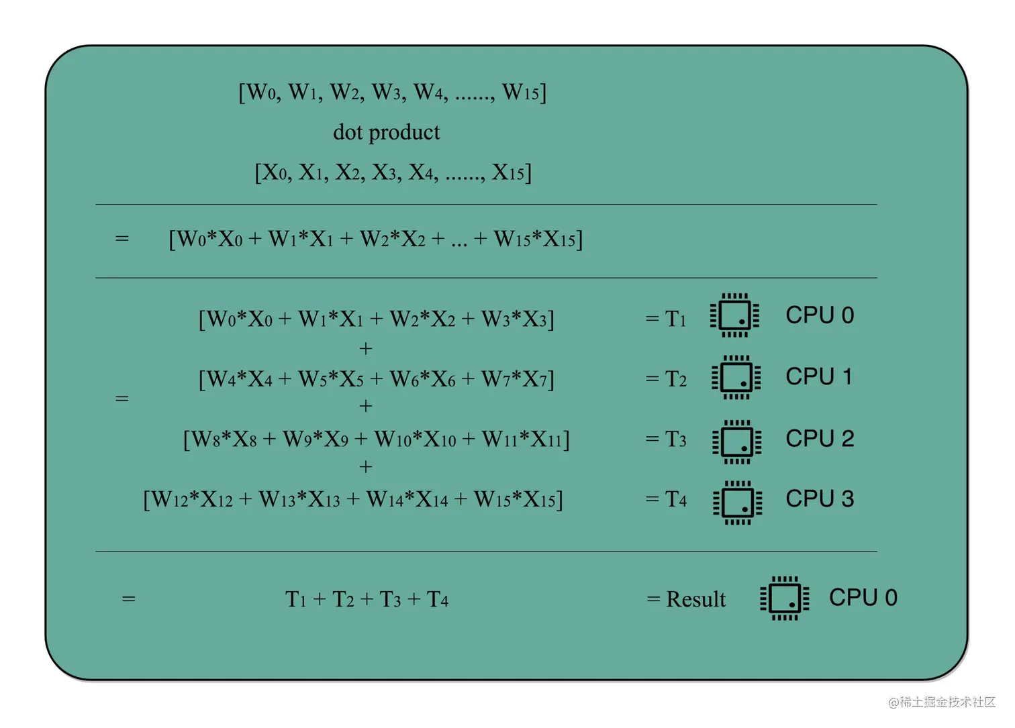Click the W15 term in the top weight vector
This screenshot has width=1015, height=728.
click(x=521, y=92)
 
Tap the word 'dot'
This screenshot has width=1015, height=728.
click(x=347, y=132)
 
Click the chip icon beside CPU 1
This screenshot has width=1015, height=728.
click(x=736, y=378)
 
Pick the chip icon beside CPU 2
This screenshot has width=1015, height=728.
click(x=736, y=441)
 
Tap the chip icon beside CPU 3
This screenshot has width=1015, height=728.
click(x=737, y=503)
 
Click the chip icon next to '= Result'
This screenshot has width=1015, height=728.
click(x=784, y=598)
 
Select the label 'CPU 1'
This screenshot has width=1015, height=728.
click(x=819, y=377)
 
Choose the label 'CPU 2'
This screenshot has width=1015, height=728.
click(x=820, y=439)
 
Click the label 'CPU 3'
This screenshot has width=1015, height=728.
click(x=820, y=499)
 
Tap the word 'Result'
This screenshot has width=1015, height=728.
click(x=695, y=599)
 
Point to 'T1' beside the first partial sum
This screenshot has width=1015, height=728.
click(x=675, y=319)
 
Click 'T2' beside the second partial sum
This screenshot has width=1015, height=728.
click(x=675, y=379)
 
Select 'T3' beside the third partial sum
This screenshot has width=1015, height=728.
click(x=675, y=439)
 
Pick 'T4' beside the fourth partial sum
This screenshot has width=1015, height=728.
click(x=675, y=500)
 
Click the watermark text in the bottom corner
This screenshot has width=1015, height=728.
click(x=941, y=702)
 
